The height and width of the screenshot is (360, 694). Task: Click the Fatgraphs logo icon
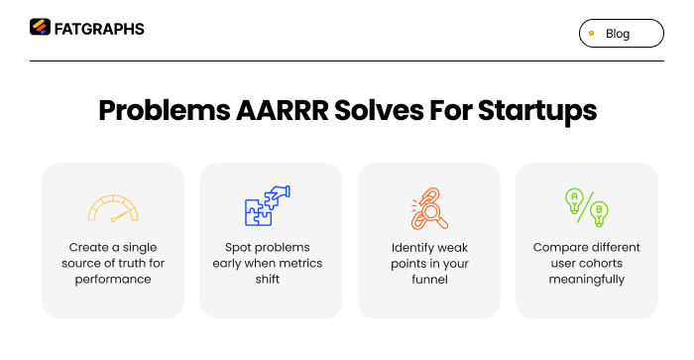[x=40, y=28]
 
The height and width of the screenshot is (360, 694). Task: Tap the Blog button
[x=621, y=34]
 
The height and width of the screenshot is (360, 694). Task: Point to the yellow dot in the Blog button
[x=592, y=34]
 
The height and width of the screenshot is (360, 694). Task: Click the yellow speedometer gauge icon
[x=112, y=208]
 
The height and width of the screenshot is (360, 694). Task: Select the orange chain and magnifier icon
[x=428, y=207]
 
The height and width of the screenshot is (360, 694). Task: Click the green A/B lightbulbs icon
[x=586, y=207]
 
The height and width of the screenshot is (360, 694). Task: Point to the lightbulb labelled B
[x=598, y=213]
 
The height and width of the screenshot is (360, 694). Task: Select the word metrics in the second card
[x=304, y=263]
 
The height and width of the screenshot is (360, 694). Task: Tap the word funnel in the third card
[x=429, y=280]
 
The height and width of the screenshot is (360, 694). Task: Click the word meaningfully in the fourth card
[x=586, y=280]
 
